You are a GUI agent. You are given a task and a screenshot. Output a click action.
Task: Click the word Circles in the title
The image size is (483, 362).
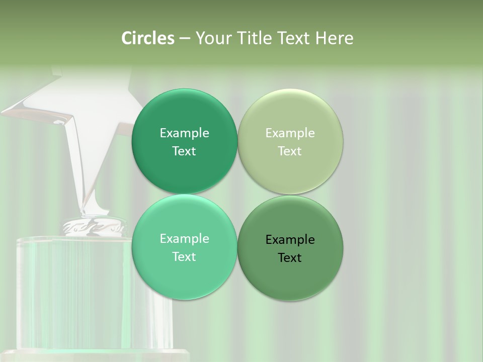coord(147,38)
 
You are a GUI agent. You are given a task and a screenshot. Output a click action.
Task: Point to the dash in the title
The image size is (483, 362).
coord(185,39)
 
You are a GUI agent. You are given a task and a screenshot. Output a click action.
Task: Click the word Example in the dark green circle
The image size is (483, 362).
coord(184,133)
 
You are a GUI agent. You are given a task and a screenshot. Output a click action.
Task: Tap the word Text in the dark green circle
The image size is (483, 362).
coord(184,151)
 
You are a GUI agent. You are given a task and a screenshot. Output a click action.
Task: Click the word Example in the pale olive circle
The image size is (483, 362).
coord(290,133)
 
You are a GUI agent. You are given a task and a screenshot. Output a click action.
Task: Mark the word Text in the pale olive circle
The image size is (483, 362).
coord(290,151)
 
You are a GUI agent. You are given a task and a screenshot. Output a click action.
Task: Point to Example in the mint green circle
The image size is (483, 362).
coord(184,238)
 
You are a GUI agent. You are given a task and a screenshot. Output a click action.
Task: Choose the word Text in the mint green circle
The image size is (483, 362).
coord(184,256)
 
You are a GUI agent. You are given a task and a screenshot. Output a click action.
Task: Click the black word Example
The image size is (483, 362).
coord(290,239)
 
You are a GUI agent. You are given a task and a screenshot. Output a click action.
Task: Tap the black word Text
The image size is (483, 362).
coord(290,257)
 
